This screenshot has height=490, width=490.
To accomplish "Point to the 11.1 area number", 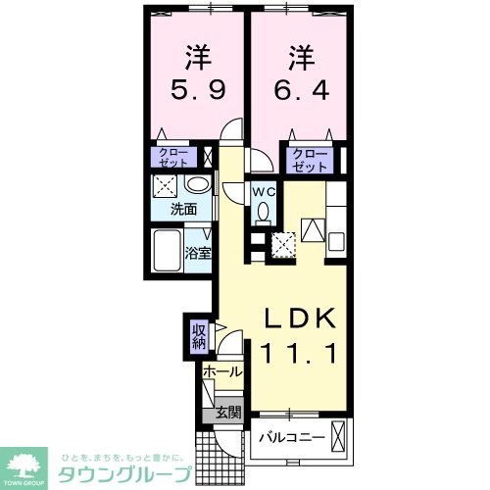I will coord(299,351).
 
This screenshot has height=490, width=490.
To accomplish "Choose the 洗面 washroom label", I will coord(184,209).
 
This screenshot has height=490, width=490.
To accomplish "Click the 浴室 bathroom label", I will coord(199,253).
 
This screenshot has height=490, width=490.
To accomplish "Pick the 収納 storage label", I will coord(199,336).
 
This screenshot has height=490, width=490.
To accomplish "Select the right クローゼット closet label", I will coord(310,159).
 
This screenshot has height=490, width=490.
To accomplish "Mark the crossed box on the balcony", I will coord(339,436).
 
